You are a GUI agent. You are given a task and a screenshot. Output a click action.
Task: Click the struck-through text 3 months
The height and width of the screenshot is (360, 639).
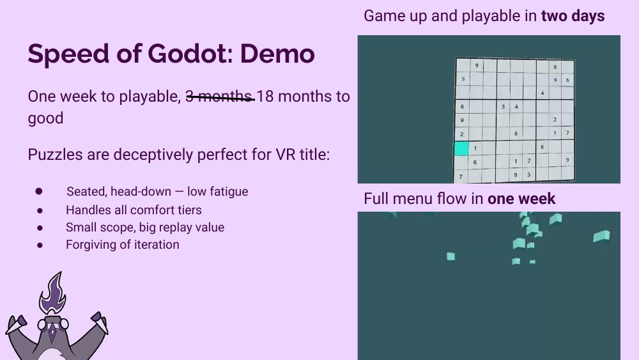219,97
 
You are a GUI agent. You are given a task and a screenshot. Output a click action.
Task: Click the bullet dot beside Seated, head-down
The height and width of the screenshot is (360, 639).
39,191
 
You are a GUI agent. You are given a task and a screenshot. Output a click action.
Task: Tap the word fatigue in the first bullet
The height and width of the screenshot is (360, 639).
227,191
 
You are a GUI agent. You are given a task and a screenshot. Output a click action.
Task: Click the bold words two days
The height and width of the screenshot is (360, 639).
573,16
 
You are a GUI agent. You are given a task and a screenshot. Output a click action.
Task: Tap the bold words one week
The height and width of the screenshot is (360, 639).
521,199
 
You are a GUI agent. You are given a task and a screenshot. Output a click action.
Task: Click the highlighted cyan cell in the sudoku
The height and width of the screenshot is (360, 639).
461,148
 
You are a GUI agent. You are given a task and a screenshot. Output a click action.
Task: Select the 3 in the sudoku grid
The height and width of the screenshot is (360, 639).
504,107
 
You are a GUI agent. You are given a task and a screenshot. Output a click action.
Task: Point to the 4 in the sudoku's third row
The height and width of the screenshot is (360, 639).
543,93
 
